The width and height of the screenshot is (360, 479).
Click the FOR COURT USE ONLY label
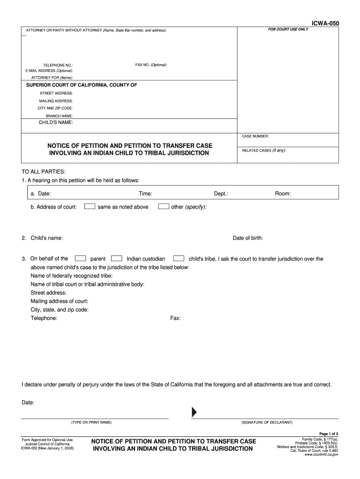pos(288,29)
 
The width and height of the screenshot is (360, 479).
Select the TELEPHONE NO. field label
pos(58,65)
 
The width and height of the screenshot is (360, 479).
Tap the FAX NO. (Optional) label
pos(151,65)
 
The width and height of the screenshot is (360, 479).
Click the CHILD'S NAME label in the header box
pos(56,123)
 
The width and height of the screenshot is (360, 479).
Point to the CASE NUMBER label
pos(255,136)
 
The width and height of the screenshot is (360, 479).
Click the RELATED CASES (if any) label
pos(264,151)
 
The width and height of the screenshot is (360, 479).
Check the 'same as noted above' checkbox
pos(90,206)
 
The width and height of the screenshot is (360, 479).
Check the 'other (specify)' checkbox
pos(163,206)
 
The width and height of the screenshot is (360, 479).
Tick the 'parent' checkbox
pos(80,258)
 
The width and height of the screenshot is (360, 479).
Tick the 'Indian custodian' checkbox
pos(117,258)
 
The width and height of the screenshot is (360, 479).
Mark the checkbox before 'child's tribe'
pos(179,258)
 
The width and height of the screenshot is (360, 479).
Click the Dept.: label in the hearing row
pos(221,194)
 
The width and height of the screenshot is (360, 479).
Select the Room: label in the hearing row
pos(282,194)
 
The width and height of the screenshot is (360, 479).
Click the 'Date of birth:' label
pos(248,238)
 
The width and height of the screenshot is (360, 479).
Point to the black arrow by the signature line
pos(194,412)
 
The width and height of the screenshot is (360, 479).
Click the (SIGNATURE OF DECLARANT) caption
pos(266,422)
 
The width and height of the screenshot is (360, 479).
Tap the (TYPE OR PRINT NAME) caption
pos(91,422)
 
